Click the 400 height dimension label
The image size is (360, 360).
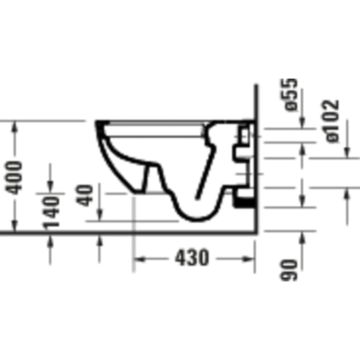[x=14, y=178]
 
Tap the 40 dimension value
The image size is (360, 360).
[x=84, y=195]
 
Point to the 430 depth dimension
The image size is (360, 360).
[x=192, y=257]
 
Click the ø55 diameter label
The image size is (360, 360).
[x=288, y=95]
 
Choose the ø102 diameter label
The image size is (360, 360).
[x=330, y=121]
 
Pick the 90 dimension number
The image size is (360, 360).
[x=288, y=270]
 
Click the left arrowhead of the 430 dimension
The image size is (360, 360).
[x=140, y=260]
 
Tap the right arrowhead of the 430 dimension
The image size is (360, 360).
[x=249, y=259]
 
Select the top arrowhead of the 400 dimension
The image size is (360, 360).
[x=15, y=127]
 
